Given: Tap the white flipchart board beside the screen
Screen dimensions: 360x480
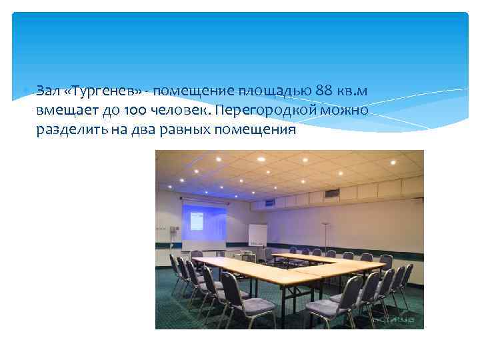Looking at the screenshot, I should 257,235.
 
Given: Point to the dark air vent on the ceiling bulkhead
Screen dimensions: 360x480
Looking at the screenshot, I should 331,194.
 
